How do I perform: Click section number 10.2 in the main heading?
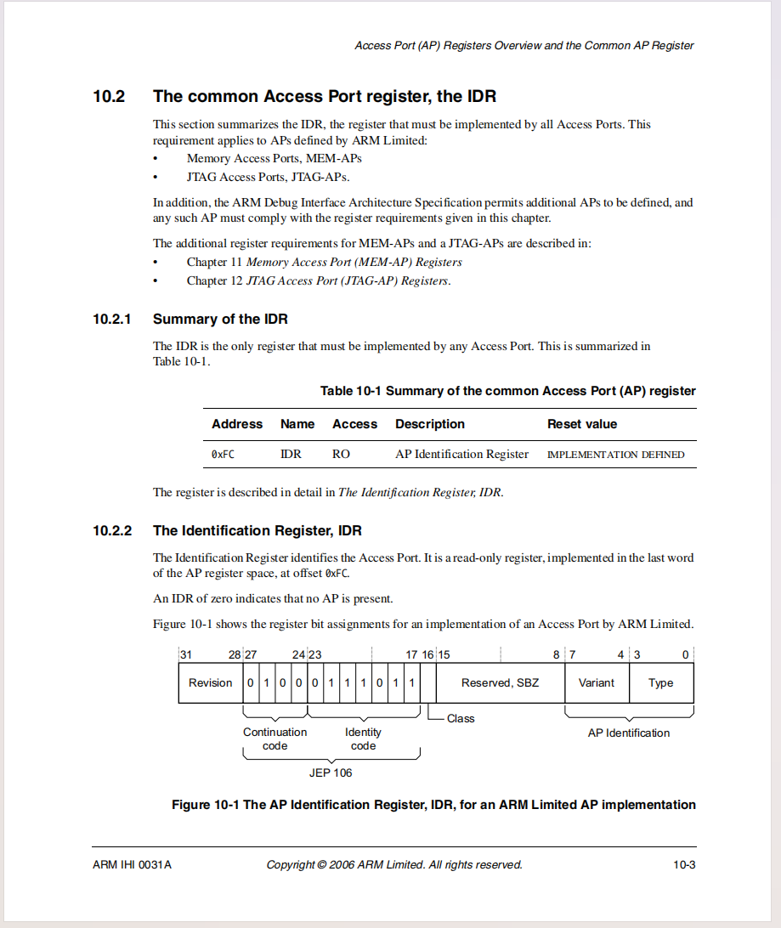[109, 97]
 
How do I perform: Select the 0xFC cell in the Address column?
[223, 455]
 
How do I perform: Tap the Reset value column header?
[582, 424]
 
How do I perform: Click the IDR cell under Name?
[291, 455]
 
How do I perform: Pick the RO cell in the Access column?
[341, 455]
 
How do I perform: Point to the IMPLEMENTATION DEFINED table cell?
[615, 455]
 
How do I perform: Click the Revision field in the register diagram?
[210, 683]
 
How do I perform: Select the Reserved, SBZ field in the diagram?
[500, 683]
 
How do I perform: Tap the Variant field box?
[597, 683]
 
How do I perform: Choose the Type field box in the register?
[661, 683]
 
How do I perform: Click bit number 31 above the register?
[185, 654]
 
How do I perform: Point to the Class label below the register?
[461, 719]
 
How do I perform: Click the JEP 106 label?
[331, 773]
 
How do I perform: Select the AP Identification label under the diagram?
[629, 733]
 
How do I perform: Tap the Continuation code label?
[275, 739]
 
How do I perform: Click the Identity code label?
[363, 739]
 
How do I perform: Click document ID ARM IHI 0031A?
[133, 865]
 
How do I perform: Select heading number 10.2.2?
[112, 531]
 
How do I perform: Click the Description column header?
[430, 424]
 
